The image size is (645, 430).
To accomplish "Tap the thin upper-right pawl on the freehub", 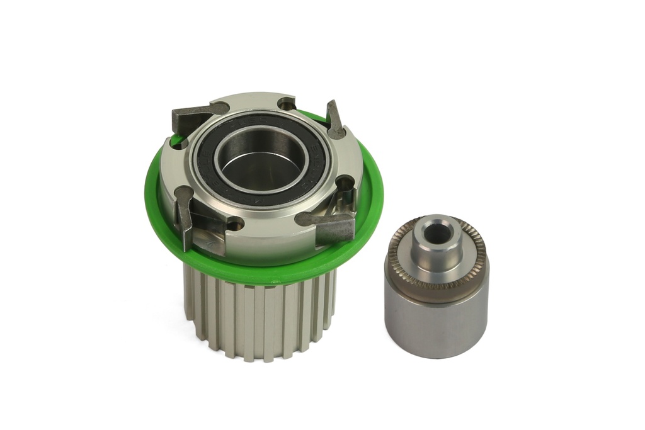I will pos(334,120).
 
